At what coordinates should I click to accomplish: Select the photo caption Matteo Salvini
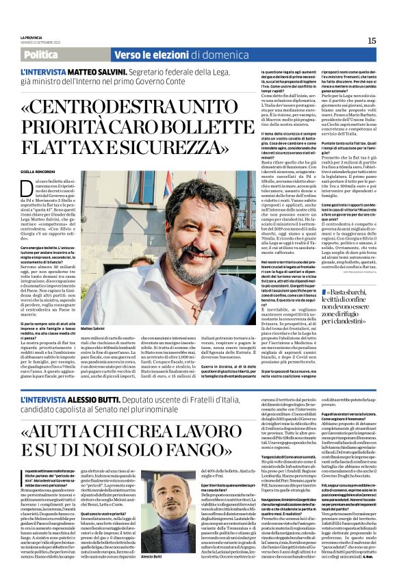point(94,328)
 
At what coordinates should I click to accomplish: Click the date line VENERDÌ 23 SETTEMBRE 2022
point(39,42)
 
